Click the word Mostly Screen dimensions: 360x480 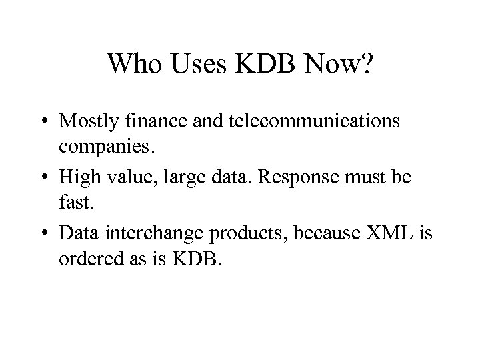[x=87, y=122]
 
